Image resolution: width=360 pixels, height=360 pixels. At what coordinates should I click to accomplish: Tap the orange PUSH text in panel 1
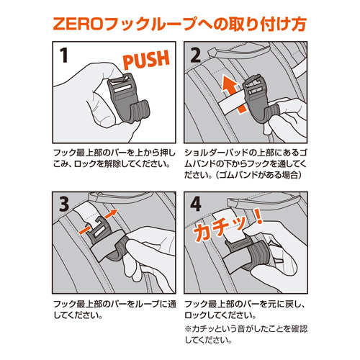[146, 59]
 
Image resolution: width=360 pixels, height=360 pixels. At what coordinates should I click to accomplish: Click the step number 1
[63, 55]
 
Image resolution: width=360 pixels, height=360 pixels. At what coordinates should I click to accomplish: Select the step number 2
[195, 55]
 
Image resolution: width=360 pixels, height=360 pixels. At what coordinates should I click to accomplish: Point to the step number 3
[64, 204]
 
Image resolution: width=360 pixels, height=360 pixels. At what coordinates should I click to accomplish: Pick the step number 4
[196, 204]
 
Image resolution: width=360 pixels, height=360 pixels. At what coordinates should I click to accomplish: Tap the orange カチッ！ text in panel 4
[228, 225]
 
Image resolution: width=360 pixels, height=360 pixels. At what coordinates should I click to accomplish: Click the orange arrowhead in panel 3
[112, 213]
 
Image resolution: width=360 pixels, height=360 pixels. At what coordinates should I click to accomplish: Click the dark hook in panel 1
[127, 99]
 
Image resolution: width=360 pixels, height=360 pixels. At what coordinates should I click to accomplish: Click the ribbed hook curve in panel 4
[257, 256]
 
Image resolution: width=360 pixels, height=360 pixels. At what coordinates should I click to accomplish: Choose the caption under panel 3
[114, 310]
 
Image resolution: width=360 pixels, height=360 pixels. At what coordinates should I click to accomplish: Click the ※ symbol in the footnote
[188, 329]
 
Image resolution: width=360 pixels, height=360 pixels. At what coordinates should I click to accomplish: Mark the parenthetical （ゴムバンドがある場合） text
[258, 175]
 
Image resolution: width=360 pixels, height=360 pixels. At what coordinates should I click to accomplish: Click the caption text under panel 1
[114, 158]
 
